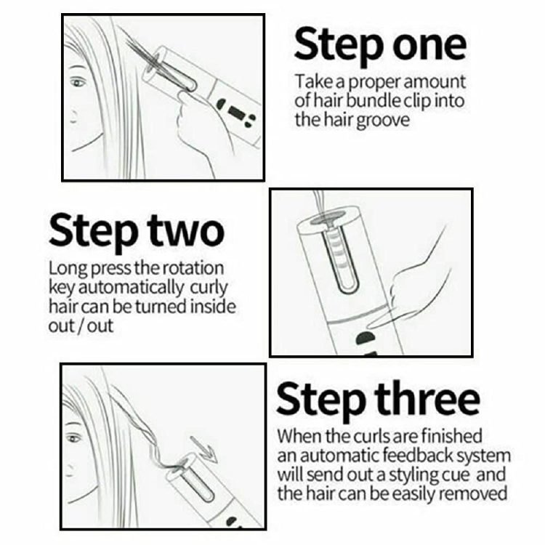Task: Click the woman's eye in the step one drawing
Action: coord(78,83)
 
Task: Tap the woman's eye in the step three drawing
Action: coord(74,437)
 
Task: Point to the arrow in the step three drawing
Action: coord(204,449)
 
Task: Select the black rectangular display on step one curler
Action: coord(237,112)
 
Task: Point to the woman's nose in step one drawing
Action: coord(72,116)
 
